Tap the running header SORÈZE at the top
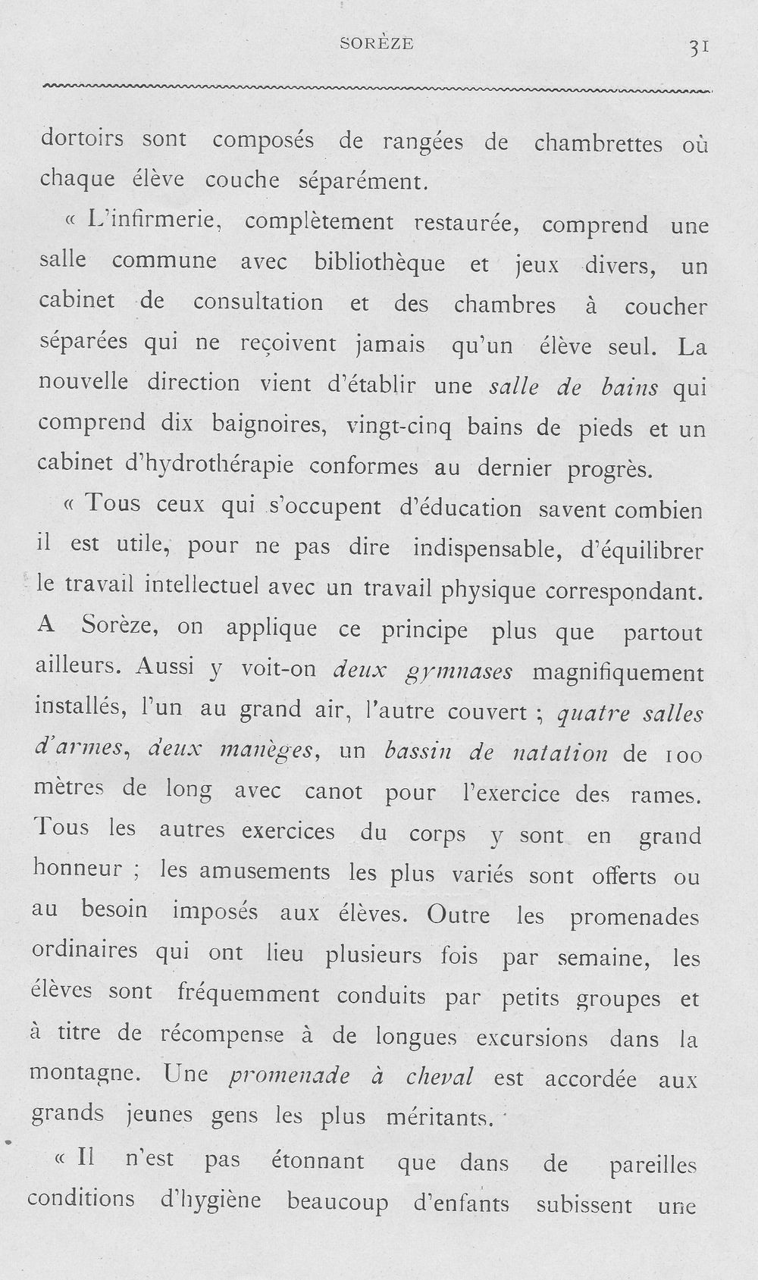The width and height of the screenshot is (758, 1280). [x=376, y=44]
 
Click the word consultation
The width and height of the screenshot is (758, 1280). [x=258, y=302]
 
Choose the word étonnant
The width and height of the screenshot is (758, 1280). [x=318, y=1160]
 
